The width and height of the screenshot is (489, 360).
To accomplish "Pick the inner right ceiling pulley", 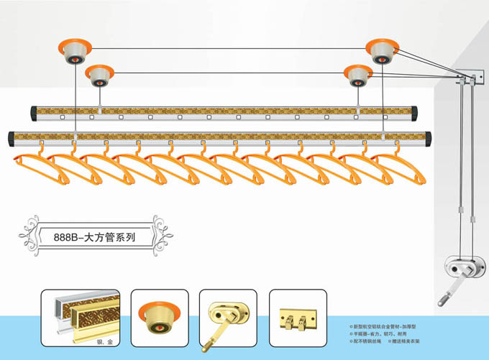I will [357, 74].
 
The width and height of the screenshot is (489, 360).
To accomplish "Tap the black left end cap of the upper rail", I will [34, 113].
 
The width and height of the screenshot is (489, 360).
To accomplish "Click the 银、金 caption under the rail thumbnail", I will [106, 341].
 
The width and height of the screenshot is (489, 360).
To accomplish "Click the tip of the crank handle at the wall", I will [439, 301].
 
